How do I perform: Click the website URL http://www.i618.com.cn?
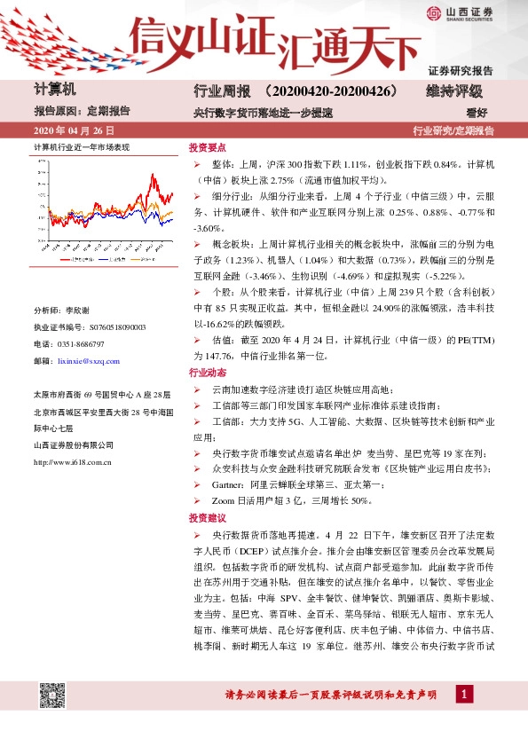73,461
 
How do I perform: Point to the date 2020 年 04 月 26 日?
73,130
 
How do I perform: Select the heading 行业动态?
208,373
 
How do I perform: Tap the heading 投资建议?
208,518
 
